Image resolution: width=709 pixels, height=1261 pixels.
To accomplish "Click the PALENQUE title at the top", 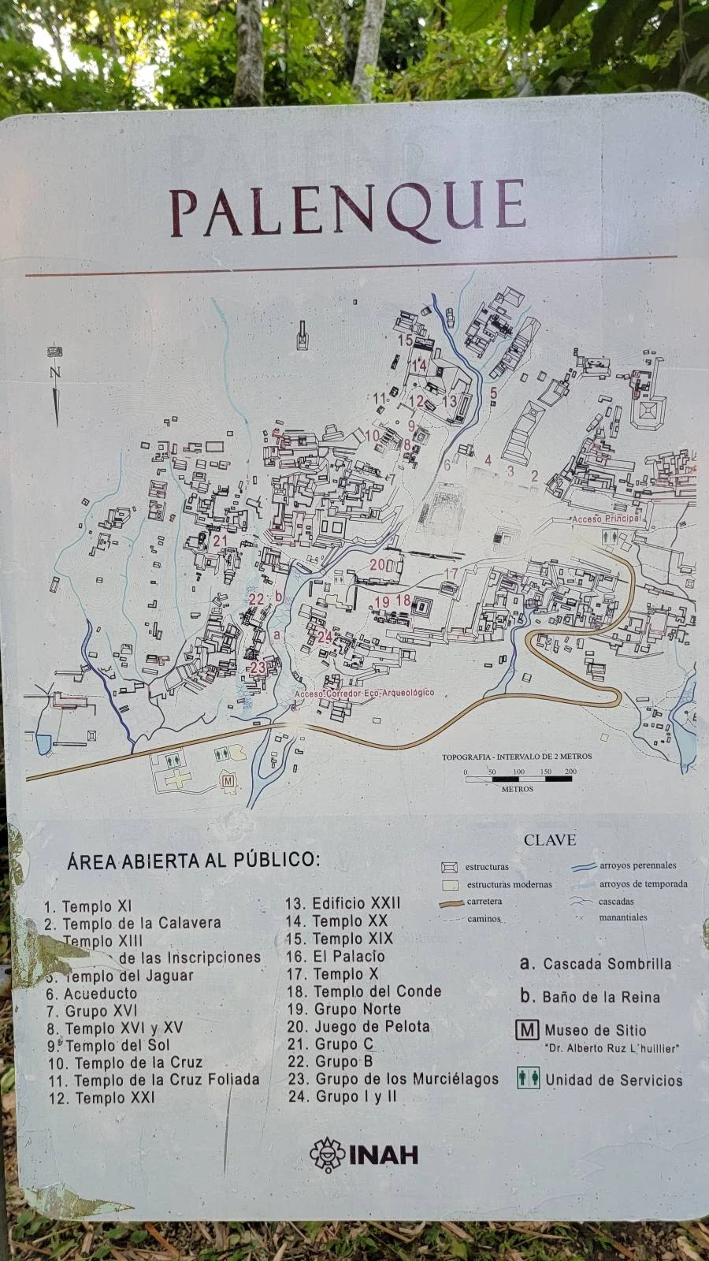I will pyautogui.click(x=347, y=210).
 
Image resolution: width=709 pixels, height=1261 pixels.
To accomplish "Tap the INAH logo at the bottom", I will pyautogui.click(x=364, y=1155).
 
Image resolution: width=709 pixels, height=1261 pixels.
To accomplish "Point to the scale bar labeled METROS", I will pyautogui.click(x=518, y=778).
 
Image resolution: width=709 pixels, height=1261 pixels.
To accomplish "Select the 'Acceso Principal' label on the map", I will pyautogui.click(x=606, y=519).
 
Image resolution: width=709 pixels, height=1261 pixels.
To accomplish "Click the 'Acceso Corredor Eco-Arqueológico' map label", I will pyautogui.click(x=364, y=693).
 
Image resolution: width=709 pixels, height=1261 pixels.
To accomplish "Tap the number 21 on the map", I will pyautogui.click(x=220, y=541).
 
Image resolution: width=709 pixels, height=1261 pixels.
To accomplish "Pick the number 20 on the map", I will pyautogui.click(x=378, y=564).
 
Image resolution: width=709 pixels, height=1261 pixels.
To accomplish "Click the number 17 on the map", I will pyautogui.click(x=451, y=573).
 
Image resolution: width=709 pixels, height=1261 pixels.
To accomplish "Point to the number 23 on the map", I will pyautogui.click(x=258, y=668).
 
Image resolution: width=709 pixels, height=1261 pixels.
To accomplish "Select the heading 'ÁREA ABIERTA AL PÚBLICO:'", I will pyautogui.click(x=194, y=860).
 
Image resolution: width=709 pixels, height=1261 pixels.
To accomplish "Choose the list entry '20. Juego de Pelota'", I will pyautogui.click(x=358, y=1026).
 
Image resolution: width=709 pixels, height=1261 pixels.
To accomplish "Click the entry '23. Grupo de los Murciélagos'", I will pyautogui.click(x=393, y=1079).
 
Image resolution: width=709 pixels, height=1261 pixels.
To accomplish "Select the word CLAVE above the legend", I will pyautogui.click(x=550, y=840).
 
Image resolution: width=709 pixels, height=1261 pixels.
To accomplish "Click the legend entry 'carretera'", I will pyautogui.click(x=484, y=902).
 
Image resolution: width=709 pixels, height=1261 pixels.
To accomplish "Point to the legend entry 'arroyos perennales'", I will pyautogui.click(x=637, y=865).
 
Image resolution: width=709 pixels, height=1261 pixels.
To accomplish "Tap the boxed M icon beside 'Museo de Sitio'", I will pyautogui.click(x=527, y=1030).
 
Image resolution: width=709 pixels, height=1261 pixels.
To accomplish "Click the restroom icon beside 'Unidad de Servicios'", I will pyautogui.click(x=528, y=1079).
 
